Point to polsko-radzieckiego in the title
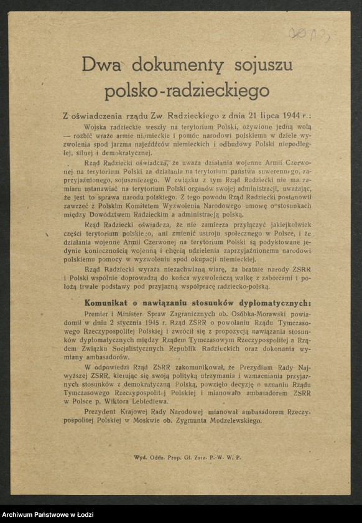(x=187, y=91)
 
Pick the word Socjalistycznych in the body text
(x=134, y=349)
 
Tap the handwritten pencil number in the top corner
(x=309, y=34)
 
